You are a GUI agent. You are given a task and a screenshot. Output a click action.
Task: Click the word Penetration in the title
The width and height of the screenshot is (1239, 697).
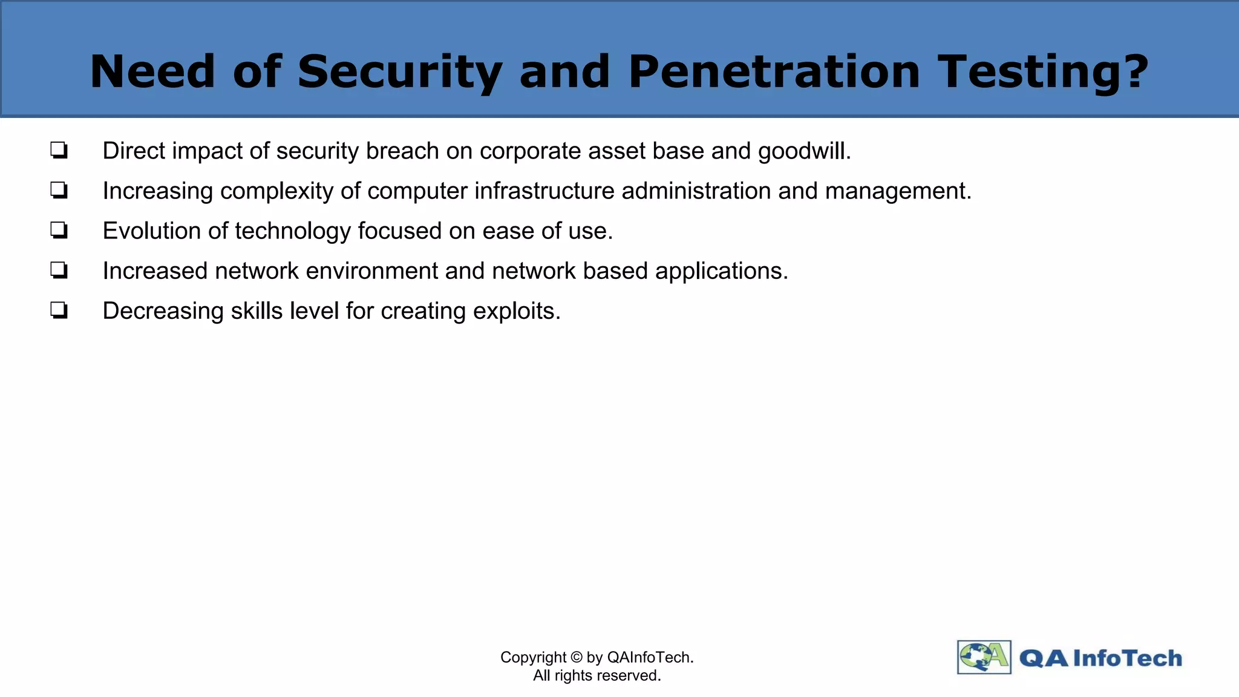(x=774, y=71)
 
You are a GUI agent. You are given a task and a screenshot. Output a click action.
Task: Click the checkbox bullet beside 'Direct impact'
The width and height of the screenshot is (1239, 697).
(x=59, y=150)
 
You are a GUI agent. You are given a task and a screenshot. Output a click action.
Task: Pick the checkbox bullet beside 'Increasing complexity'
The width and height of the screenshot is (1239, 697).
(x=59, y=191)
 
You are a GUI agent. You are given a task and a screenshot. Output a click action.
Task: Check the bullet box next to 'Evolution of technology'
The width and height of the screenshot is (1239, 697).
(x=59, y=231)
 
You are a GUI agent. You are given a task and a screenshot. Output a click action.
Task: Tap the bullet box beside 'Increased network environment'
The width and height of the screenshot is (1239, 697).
(x=59, y=270)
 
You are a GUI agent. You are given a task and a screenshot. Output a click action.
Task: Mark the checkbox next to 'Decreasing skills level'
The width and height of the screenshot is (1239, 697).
(x=59, y=310)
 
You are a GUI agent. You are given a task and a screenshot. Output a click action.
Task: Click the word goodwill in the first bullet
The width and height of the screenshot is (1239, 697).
(x=804, y=151)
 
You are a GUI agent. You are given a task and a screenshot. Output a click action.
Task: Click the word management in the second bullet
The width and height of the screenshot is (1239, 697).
(x=898, y=191)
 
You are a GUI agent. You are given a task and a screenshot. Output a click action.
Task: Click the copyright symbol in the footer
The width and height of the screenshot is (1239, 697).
(x=576, y=658)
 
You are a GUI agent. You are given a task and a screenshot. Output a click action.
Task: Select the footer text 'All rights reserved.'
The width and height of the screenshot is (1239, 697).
(x=597, y=675)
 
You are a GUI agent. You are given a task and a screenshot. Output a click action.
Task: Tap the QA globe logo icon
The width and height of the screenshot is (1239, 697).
(x=984, y=657)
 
